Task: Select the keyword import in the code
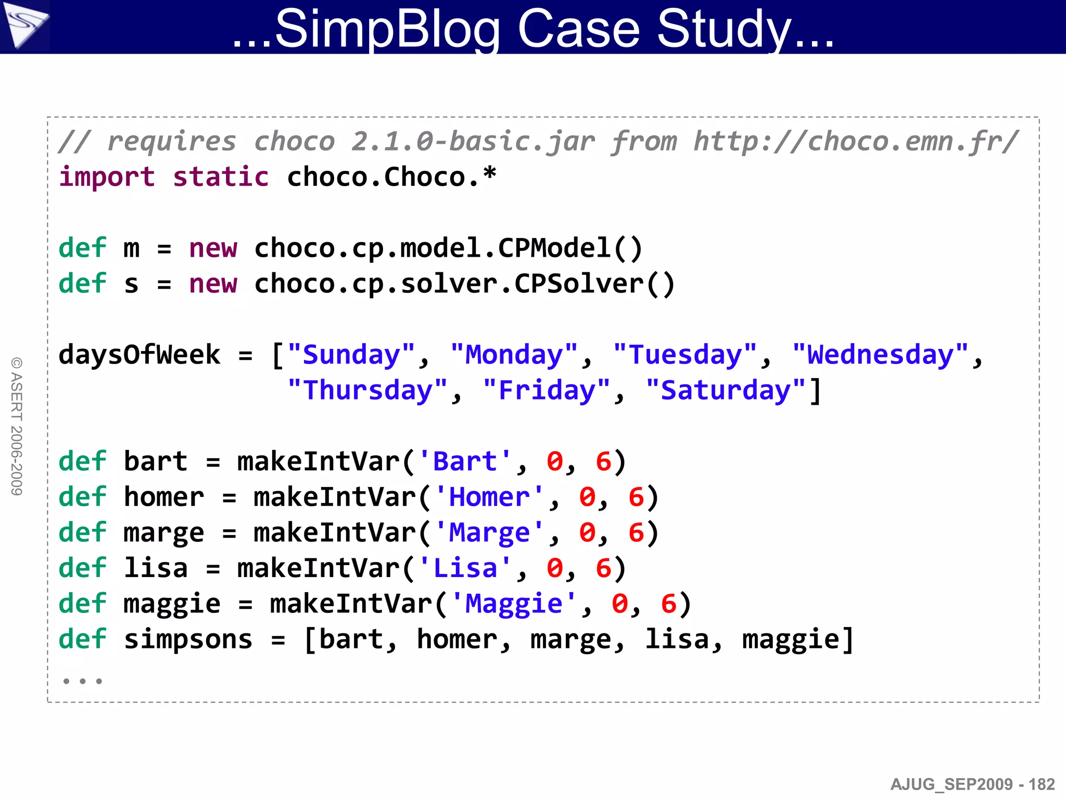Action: pyautogui.click(x=107, y=177)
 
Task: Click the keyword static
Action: pyautogui.click(x=221, y=177)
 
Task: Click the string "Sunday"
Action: pyautogui.click(x=351, y=355)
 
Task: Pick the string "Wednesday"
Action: pyautogui.click(x=880, y=355)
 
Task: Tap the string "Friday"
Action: pyautogui.click(x=547, y=391)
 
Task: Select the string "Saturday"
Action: pyautogui.click(x=726, y=391)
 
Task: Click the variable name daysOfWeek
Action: pyautogui.click(x=139, y=355)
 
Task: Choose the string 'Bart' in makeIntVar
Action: pyautogui.click(x=465, y=462)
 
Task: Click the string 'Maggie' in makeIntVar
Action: pyautogui.click(x=513, y=604)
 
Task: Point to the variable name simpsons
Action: pyautogui.click(x=188, y=640)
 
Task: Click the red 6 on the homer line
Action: pyautogui.click(x=636, y=497)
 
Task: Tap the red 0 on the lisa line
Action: pyautogui.click(x=555, y=569)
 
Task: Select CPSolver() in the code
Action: pyautogui.click(x=594, y=284)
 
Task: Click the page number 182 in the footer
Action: pyautogui.click(x=1042, y=784)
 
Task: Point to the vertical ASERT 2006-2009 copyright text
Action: pyautogui.click(x=17, y=426)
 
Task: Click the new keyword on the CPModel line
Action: pyautogui.click(x=213, y=248)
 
